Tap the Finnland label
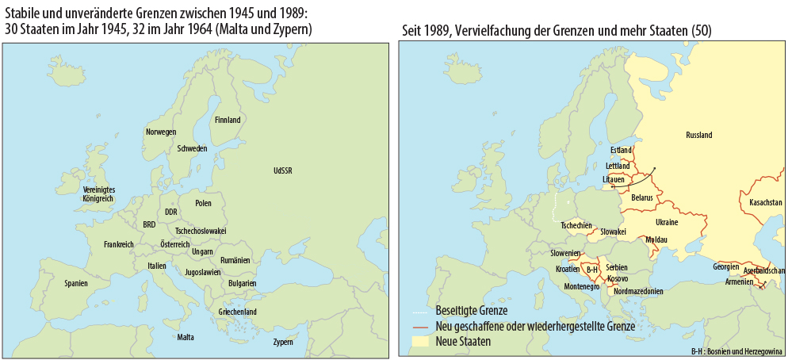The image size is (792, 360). (x=228, y=121)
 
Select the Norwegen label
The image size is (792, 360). (x=161, y=132)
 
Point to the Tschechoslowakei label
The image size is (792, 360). (x=201, y=230)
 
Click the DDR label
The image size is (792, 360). (x=170, y=212)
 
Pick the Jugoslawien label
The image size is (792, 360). (x=202, y=271)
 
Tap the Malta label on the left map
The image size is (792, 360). (x=186, y=337)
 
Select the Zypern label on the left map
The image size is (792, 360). (x=283, y=343)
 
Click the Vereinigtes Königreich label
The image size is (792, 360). (x=99, y=193)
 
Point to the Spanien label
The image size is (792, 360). (x=76, y=283)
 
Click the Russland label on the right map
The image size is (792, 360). (x=698, y=136)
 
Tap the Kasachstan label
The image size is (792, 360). (x=765, y=203)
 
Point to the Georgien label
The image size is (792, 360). (x=726, y=266)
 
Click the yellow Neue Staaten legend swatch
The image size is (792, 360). (x=422, y=342)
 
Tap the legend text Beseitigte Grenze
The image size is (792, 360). (x=471, y=310)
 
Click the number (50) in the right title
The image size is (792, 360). (x=701, y=29)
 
